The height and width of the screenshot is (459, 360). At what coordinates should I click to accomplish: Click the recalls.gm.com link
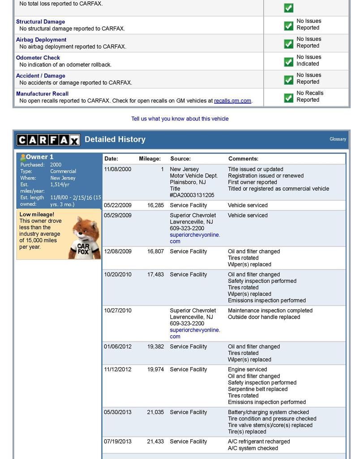232,101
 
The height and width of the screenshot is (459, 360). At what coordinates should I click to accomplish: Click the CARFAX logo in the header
48,140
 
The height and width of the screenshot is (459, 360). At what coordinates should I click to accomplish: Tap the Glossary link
338,139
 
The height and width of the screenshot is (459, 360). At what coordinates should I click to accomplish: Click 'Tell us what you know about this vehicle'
180,119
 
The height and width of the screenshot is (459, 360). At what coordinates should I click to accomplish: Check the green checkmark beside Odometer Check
289,62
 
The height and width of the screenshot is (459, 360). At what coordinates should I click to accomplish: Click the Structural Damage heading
40,22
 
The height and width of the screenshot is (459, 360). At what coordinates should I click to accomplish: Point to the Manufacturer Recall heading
42,94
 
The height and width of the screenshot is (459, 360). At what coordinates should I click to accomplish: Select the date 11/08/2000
118,169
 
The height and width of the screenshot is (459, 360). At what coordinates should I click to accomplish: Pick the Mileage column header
150,159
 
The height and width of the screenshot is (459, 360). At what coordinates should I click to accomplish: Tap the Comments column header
243,159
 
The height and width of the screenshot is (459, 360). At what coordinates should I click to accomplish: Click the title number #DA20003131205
192,195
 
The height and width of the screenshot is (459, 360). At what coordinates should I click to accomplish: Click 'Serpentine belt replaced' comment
257,389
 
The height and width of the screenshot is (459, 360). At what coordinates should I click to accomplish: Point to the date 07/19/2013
118,442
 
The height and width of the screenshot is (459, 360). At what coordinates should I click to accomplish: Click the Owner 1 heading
39,157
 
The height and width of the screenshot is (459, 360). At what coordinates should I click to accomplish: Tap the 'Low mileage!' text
37,214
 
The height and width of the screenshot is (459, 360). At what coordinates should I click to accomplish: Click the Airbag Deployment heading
41,39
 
